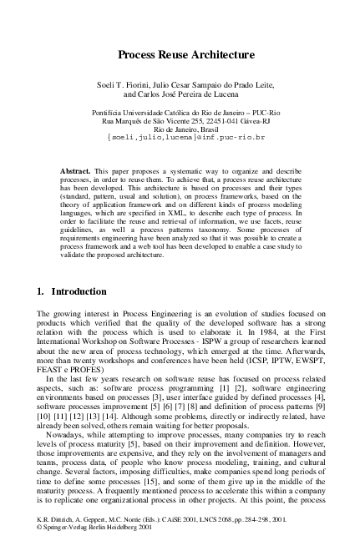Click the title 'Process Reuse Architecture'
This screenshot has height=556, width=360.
[185, 55]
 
